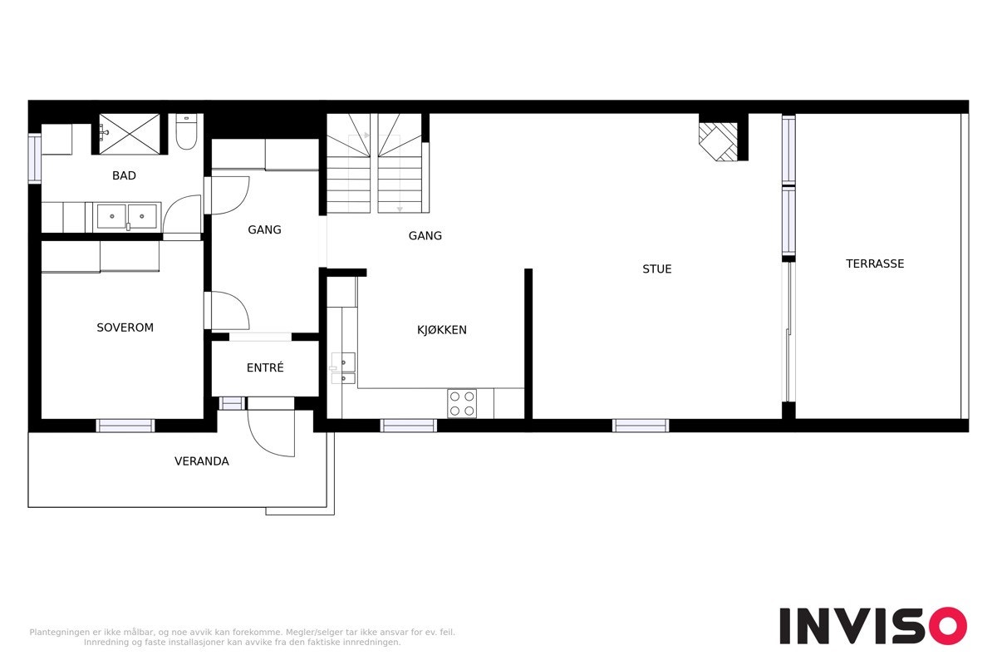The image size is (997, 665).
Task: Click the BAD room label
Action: [124, 176]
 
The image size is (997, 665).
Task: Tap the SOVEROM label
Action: [125, 328]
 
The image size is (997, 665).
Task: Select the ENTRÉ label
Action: [265, 367]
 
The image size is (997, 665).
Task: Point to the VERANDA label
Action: [201, 461]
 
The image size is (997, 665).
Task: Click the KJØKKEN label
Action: [441, 330]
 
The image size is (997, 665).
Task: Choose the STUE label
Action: [656, 269]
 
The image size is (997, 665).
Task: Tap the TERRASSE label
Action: [874, 264]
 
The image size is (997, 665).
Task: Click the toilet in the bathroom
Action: [186, 133]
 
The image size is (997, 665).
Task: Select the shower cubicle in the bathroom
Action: [130, 134]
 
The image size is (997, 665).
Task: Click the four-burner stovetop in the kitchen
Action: [462, 403]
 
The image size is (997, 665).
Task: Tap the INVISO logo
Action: [872, 626]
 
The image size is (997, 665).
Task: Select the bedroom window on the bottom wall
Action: [125, 426]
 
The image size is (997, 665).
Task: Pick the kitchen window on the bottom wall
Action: [408, 426]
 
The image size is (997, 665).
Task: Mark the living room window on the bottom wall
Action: [640, 426]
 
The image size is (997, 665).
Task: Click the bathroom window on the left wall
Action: [34, 158]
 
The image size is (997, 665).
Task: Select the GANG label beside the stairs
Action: [425, 236]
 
